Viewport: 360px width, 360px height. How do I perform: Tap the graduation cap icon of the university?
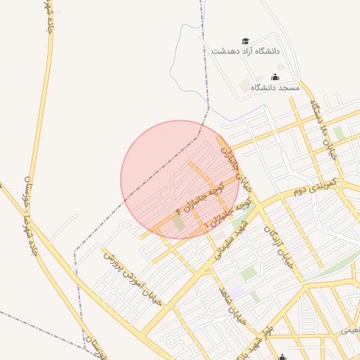pyautogui.click(x=245, y=41)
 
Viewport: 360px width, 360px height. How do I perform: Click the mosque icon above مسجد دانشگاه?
pyautogui.click(x=275, y=77)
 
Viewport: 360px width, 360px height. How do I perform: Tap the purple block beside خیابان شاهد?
pyautogui.click(x=236, y=290)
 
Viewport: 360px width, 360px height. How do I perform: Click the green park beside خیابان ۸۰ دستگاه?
pyautogui.click(x=340, y=132)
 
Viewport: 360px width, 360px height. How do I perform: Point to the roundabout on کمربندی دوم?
pyautogui.click(x=338, y=185)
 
